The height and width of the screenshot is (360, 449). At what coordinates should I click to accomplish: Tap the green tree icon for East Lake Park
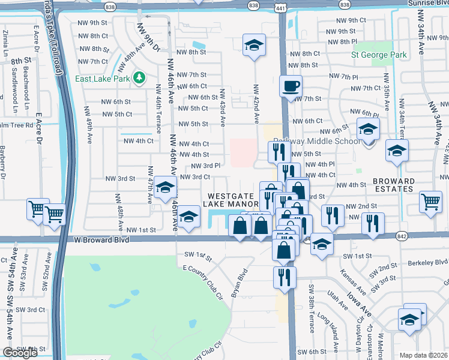(139, 78)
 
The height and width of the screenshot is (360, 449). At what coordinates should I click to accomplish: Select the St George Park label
(379, 55)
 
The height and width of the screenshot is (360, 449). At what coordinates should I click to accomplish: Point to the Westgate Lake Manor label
(234, 200)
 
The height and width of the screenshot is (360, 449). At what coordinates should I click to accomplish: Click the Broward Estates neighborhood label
(393, 185)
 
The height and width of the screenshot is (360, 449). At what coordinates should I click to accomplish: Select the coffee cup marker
(291, 86)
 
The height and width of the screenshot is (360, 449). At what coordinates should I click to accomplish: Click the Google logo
(19, 353)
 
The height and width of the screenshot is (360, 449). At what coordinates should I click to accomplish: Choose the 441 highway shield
(281, 5)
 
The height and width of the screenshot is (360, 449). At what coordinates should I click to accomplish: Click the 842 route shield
(402, 236)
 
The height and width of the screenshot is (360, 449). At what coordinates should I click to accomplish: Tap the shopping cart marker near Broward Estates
(430, 202)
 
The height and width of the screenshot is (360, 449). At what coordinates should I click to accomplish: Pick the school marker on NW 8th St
(254, 45)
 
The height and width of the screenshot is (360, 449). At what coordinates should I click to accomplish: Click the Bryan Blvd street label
(239, 283)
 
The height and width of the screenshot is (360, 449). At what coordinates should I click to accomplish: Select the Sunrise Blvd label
(427, 3)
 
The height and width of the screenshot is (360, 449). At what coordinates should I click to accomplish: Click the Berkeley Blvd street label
(427, 262)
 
